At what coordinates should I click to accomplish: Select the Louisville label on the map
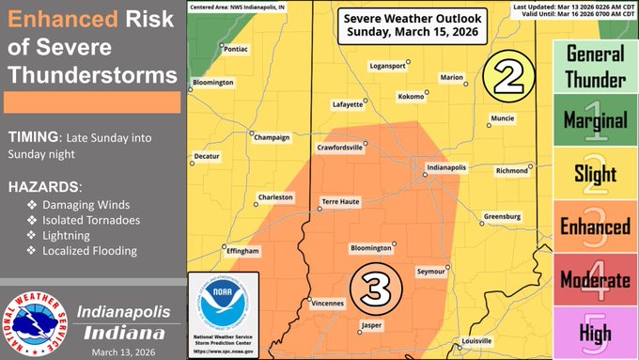coord(477,340)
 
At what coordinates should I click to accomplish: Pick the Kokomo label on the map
coord(411,96)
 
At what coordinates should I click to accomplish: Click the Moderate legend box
coord(596,279)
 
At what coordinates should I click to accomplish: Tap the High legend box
coord(596,332)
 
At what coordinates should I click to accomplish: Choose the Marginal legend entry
coord(596,120)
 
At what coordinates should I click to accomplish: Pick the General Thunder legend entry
coord(596,66)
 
